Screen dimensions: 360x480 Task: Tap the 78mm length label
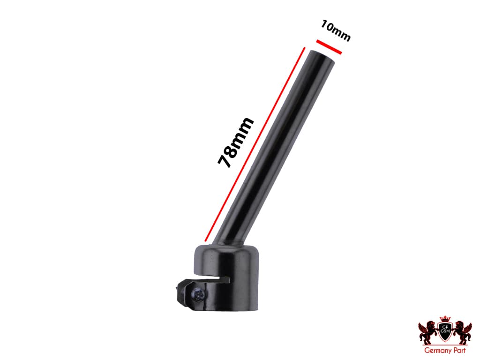pos(235,142)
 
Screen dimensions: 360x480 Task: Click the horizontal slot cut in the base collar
pos(216,280)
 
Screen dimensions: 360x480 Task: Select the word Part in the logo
pos(457,350)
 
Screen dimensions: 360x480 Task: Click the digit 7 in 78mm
pos(225,160)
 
